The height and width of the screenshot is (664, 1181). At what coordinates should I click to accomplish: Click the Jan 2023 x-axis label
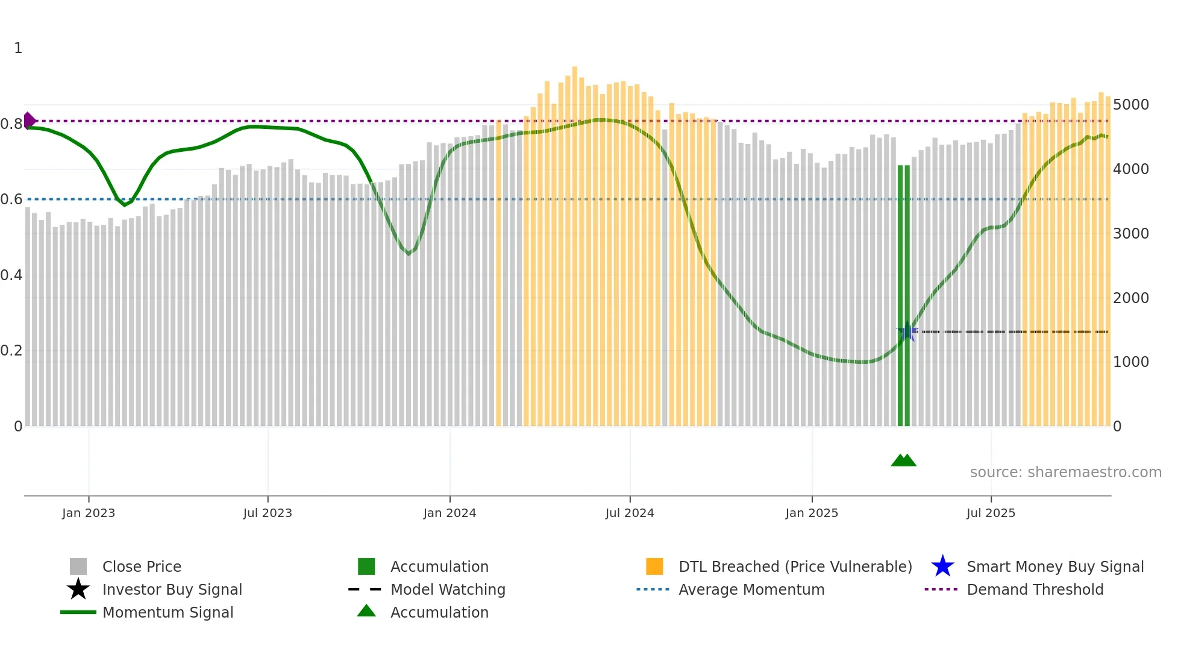[x=89, y=513]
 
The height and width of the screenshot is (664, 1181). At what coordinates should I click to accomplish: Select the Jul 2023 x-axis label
[x=268, y=513]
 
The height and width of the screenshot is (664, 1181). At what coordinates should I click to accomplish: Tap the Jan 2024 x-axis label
[x=450, y=513]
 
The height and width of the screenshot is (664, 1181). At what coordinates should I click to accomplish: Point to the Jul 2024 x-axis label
[x=630, y=513]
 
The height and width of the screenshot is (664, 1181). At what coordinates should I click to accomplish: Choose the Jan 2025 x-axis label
[x=812, y=513]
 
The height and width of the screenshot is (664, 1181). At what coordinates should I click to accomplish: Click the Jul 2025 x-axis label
[x=991, y=513]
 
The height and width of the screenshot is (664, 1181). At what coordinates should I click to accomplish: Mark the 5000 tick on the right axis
[x=1131, y=105]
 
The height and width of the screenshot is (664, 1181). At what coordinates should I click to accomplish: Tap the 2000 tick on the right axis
[x=1131, y=298]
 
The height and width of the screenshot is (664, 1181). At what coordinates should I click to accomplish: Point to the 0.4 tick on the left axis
[x=11, y=275]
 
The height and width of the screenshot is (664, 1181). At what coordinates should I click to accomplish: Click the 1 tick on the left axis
[x=18, y=48]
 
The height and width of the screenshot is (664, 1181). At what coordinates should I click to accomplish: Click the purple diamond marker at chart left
[x=29, y=121]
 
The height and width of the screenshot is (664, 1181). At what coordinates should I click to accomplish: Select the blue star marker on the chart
[x=907, y=331]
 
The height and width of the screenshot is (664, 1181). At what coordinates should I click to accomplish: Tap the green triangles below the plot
[x=903, y=460]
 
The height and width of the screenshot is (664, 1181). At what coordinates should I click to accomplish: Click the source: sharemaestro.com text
[x=1065, y=472]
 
